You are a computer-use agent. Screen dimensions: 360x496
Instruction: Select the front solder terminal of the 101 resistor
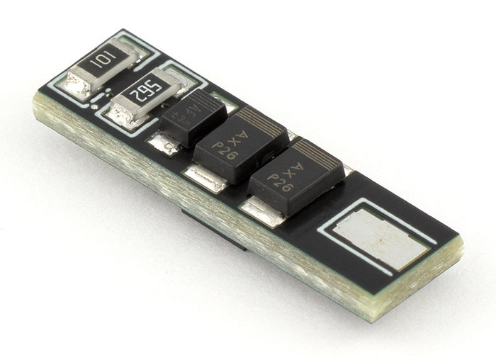coord(79,85)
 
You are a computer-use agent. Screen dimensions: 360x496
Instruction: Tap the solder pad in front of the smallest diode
coord(164,145)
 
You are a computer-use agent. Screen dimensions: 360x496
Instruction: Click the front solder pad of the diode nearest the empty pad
coord(259,210)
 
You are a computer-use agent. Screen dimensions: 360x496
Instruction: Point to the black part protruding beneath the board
coord(213,230)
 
